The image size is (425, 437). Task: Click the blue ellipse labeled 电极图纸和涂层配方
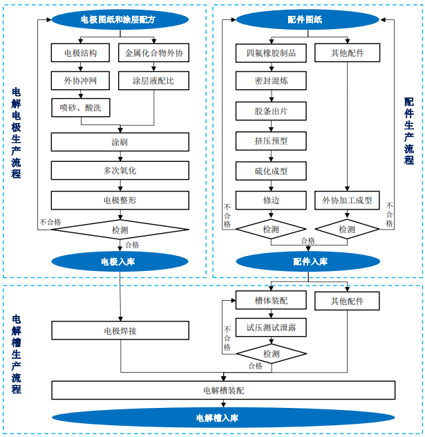tap(120, 20)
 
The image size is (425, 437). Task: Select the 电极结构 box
tap(81, 53)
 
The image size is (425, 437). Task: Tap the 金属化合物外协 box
tap(154, 53)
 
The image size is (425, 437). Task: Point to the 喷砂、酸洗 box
tap(81, 108)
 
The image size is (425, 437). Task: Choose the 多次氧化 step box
tap(120, 170)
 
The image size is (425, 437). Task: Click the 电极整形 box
tap(120, 201)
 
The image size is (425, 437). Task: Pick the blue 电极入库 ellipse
tap(120, 262)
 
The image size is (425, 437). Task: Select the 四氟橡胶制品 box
tap(271, 53)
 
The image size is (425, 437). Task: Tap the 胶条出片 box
tap(271, 111)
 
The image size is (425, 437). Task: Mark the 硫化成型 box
tap(271, 171)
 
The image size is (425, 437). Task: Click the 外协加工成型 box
tap(347, 201)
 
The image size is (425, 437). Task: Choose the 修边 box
tap(271, 201)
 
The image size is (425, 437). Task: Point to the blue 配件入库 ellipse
tap(308, 262)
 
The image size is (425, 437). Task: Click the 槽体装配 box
tap(271, 301)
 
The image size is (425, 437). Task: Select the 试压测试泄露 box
tap(271, 328)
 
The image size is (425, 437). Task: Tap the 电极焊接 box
tap(120, 331)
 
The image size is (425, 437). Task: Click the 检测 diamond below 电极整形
tap(120, 230)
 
